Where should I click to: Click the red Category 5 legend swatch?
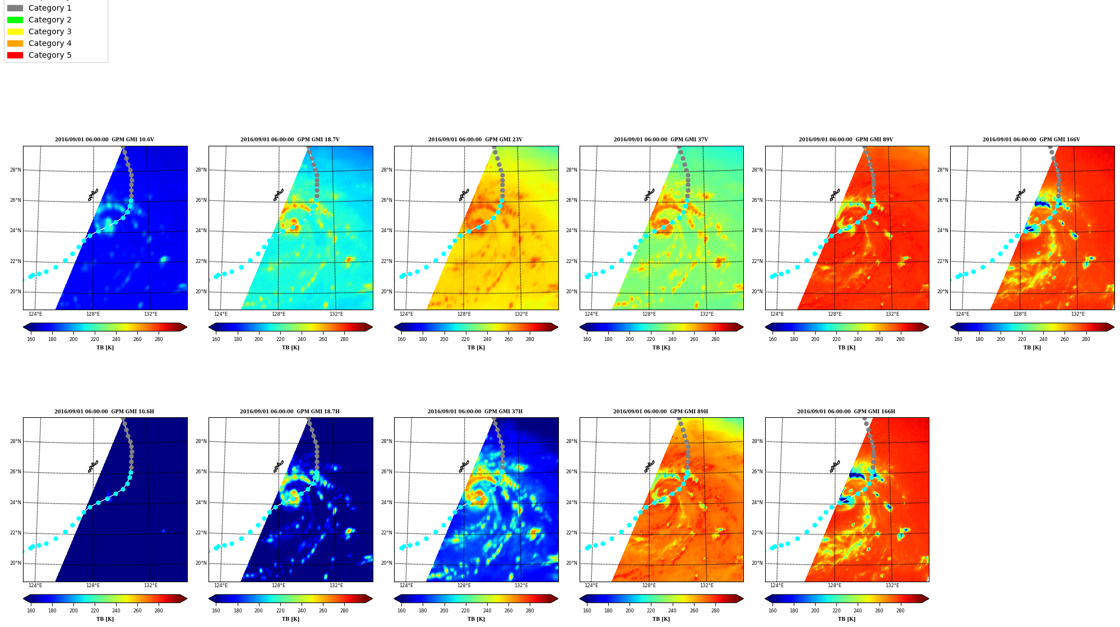15,55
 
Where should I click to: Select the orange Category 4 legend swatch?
15,43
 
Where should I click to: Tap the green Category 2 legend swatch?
15,20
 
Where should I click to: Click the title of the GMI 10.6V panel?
104,140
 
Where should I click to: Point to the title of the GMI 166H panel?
846,412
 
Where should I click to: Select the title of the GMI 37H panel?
475,412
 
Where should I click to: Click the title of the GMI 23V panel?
475,140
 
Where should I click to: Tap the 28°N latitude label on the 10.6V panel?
16,170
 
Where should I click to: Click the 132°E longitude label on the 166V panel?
1077,314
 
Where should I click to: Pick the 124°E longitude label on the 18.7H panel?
221,585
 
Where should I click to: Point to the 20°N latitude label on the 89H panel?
572,563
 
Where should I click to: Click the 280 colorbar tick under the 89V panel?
900,339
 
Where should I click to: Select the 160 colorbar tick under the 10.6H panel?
31,611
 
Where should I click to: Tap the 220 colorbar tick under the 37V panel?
651,339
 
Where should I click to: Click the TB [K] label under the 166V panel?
1032,348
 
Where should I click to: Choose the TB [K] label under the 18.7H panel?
290,619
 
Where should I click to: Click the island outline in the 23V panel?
464,195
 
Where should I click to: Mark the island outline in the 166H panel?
835,467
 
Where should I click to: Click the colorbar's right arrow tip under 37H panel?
558,598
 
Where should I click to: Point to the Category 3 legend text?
50,31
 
